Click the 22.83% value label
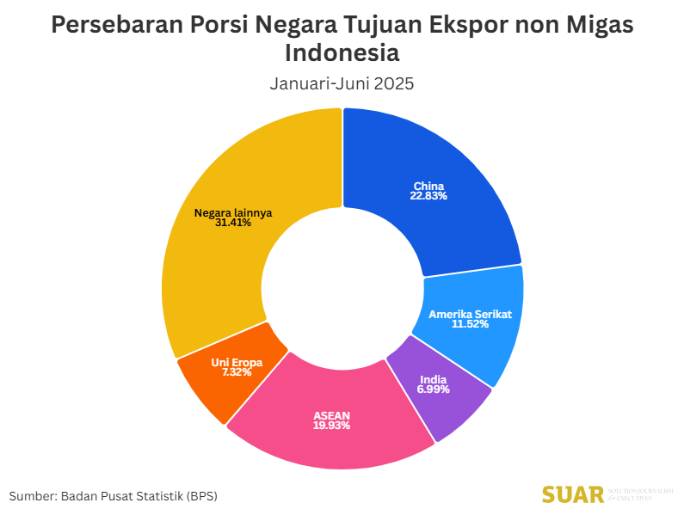[x=428, y=196]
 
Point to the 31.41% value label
[x=233, y=223]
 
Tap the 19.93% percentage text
[x=331, y=426]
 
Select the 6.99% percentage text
[x=434, y=390]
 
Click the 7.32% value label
[x=237, y=372]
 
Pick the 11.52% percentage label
[x=470, y=325]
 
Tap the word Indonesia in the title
[x=342, y=53]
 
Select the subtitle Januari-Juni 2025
[x=342, y=84]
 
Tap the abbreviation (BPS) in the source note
[x=201, y=496]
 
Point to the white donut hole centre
[x=342, y=289]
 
